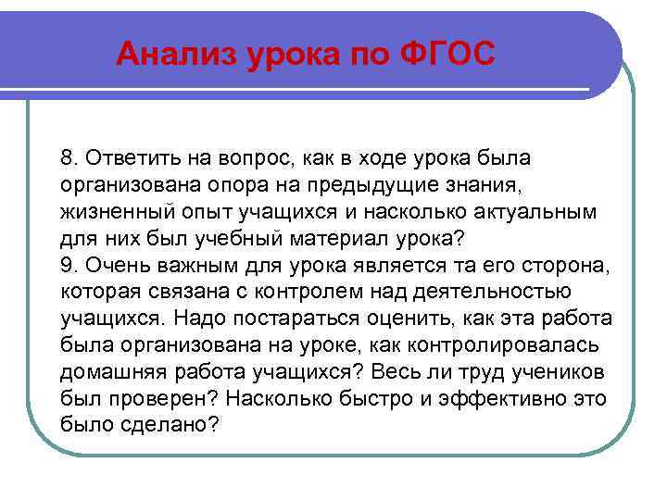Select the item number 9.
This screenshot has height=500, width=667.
(x=68, y=264)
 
